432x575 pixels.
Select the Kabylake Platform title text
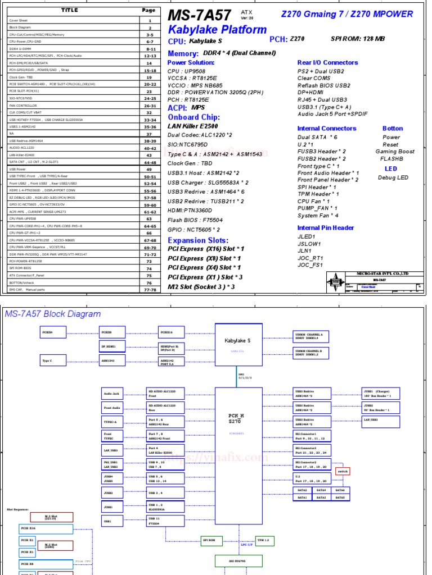(x=217, y=30)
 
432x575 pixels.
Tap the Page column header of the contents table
(x=148, y=10)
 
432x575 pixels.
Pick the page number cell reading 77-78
(x=150, y=290)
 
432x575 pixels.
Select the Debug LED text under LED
(x=394, y=178)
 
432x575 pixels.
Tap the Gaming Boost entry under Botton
(x=395, y=152)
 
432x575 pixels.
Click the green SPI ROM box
(x=209, y=540)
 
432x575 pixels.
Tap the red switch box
(x=343, y=471)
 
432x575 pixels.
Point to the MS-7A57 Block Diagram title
(x=53, y=314)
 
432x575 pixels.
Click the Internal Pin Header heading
(x=326, y=227)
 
